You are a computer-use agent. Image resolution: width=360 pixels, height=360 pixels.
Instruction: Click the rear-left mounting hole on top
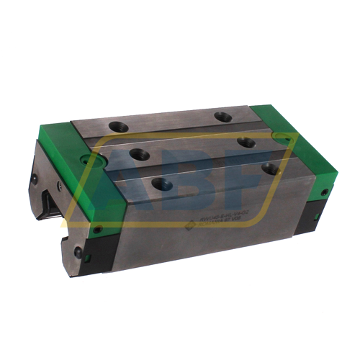[x=117, y=127]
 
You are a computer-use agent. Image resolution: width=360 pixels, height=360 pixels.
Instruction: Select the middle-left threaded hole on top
[x=134, y=153]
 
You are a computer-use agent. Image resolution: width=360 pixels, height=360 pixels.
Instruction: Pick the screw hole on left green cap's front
[x=98, y=230]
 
